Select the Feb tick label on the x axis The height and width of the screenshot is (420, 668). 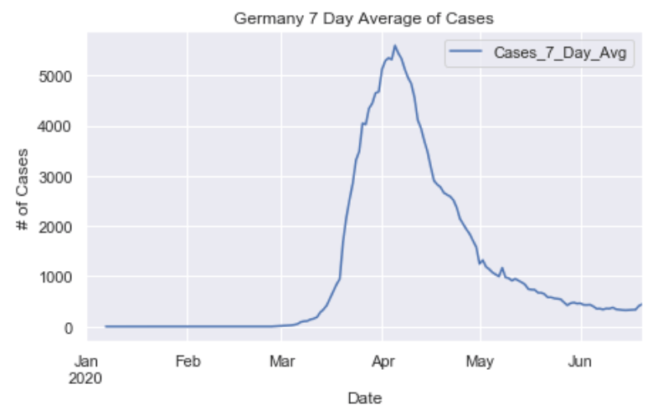tap(187, 361)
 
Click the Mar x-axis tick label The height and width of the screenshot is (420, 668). tap(281, 361)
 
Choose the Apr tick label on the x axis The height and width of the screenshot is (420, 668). tap(383, 361)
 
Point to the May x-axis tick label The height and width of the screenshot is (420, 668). tap(480, 361)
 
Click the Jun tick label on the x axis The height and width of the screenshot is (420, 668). tap(580, 361)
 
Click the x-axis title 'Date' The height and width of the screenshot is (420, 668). tap(365, 397)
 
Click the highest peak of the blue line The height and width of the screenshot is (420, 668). tap(394, 45)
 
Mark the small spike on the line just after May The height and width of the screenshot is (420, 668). tap(502, 269)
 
